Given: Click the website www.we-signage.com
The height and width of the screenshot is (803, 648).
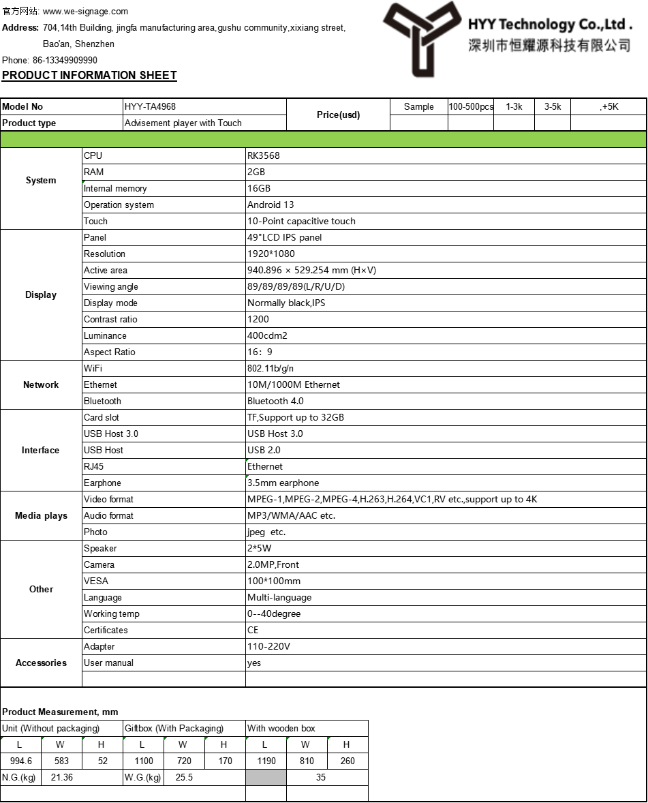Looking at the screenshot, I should pos(85,12).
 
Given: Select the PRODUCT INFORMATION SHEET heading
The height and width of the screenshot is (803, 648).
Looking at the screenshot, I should pos(89,76).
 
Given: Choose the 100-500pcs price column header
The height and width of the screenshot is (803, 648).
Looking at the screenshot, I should pos(471,106).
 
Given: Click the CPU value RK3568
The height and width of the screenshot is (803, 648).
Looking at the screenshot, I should pos(264,155).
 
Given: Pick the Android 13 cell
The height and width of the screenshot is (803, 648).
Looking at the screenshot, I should pos(271,204).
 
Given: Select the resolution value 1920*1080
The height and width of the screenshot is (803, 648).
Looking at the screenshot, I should pos(271,254).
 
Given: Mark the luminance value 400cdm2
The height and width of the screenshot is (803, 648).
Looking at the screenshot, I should pos(267,335).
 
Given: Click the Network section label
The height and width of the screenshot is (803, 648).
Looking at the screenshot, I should pos(41,384).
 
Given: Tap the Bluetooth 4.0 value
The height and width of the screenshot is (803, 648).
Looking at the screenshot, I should pos(275,401).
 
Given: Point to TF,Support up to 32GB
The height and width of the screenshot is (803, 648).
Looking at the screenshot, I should pos(296,417).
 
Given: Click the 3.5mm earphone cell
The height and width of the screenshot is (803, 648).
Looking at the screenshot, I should pos(283,483).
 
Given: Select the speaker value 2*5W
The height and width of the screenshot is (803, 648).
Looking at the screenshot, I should pos(260,548).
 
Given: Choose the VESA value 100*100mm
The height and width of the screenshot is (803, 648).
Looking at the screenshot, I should pos(274,581).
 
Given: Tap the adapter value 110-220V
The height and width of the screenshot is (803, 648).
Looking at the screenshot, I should pos(268,646).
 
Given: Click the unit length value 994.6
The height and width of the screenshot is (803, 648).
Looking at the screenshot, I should pos(20,761).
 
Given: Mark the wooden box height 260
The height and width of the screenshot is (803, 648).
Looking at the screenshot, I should pos(348,761).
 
